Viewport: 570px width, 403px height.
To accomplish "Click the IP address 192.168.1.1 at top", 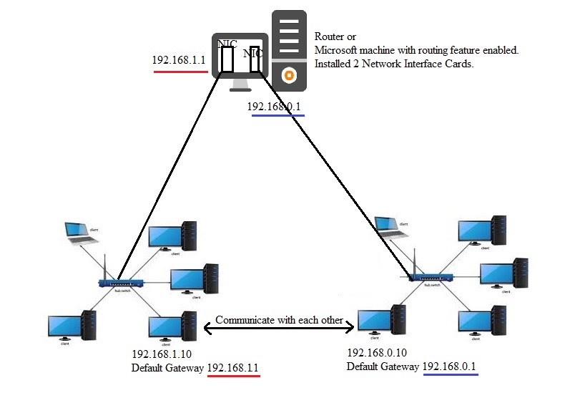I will click(x=179, y=60).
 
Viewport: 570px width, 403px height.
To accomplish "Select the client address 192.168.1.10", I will click(x=161, y=354).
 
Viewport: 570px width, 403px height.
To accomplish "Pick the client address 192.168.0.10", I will click(x=376, y=353).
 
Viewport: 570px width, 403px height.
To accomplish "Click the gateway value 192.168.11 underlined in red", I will click(x=233, y=368).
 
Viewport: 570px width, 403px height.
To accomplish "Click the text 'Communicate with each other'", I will click(x=279, y=320).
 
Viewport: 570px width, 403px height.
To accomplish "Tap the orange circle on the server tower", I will click(x=289, y=73).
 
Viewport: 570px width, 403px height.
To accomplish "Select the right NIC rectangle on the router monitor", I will click(x=255, y=61).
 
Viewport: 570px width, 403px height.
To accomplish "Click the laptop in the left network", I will click(x=76, y=232).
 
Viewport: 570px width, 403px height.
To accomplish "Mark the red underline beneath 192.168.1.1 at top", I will click(x=180, y=72).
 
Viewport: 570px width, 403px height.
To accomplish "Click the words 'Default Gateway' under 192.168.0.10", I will click(x=383, y=366).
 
